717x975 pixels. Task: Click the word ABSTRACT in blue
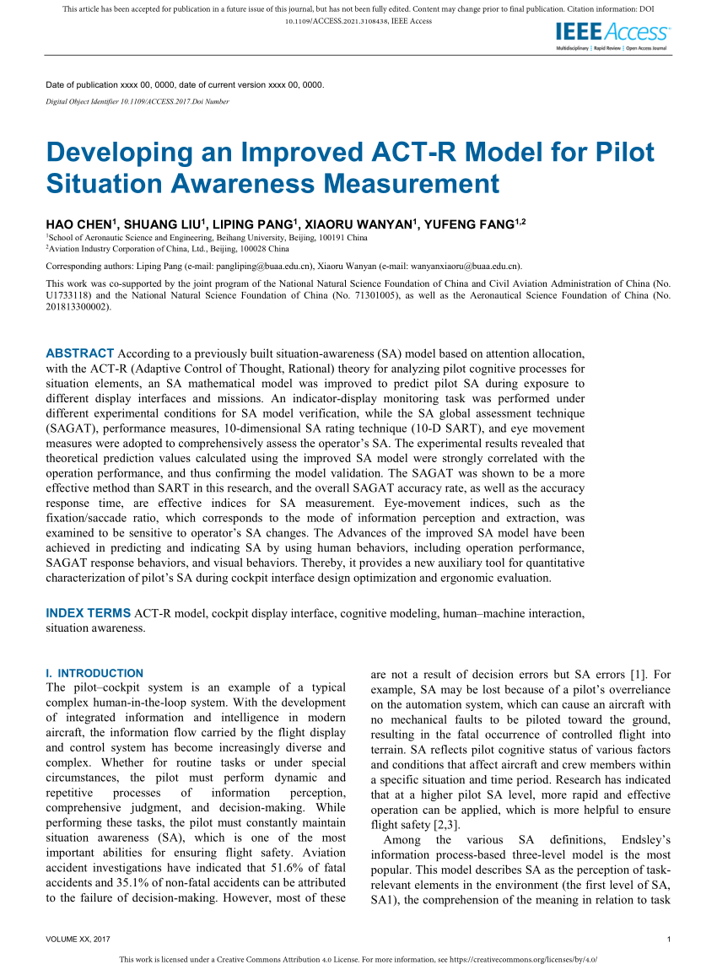point(79,353)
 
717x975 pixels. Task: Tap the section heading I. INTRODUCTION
point(94,673)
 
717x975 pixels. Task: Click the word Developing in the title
point(115,154)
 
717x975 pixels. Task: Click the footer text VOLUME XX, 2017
point(78,940)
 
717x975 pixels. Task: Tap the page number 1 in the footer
point(668,940)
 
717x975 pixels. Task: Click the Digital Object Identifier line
point(137,101)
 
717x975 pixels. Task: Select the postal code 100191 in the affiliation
point(274,240)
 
